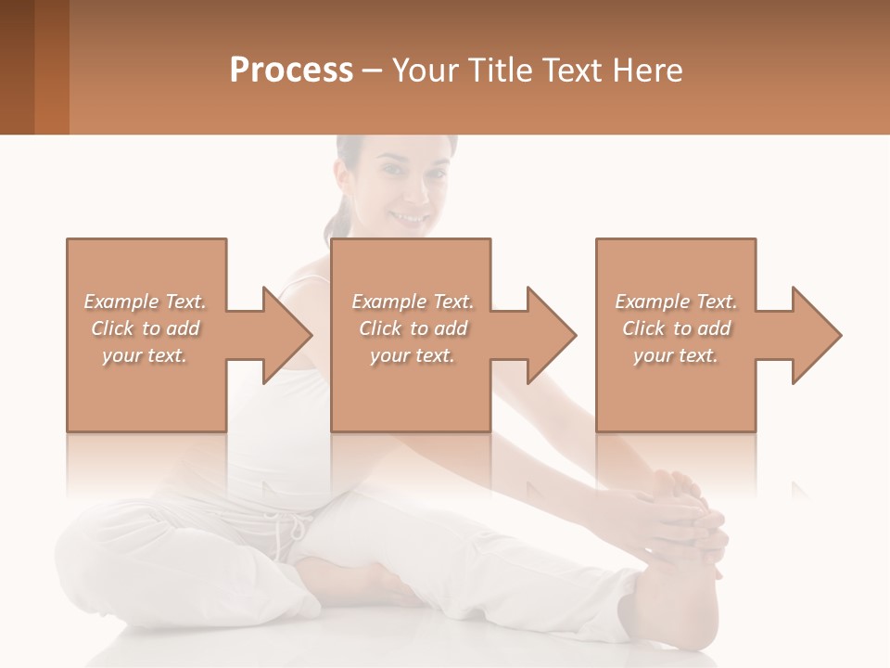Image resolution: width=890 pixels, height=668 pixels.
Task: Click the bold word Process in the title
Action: pyautogui.click(x=291, y=71)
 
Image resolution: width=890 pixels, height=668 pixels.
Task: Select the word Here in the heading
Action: pyautogui.click(x=646, y=71)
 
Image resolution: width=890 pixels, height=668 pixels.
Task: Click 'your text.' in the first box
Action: pyautogui.click(x=145, y=355)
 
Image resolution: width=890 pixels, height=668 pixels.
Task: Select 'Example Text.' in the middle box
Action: pyautogui.click(x=413, y=302)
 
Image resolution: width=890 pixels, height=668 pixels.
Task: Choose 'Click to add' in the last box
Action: pyautogui.click(x=677, y=328)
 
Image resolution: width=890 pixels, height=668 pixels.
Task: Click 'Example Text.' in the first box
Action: pyautogui.click(x=145, y=302)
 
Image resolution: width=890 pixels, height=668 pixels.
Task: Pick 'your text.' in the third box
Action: pyautogui.click(x=676, y=355)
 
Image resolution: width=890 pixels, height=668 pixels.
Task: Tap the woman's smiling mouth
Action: pyautogui.click(x=409, y=218)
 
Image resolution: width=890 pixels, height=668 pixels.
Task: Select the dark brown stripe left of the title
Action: pyautogui.click(x=17, y=67)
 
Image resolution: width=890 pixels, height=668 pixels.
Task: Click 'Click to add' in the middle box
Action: pyautogui.click(x=413, y=328)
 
